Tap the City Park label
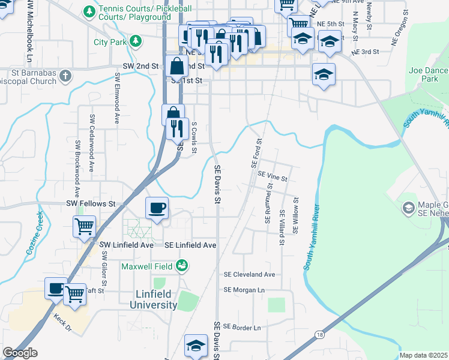[110, 42]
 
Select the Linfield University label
[154, 299]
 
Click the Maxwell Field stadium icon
[182, 265]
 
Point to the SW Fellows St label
[91, 204]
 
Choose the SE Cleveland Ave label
[249, 274]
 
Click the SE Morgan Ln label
[244, 290]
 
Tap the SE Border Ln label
[242, 328]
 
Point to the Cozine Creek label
[34, 234]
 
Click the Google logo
[20, 353]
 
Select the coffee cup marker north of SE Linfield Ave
[157, 209]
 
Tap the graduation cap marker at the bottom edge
[196, 347]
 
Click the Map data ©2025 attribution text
[423, 355]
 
